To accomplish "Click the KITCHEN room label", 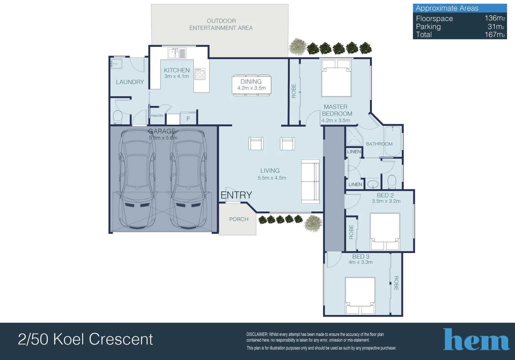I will click(x=177, y=70).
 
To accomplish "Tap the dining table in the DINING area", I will click(x=251, y=85).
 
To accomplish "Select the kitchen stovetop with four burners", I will click(x=200, y=74).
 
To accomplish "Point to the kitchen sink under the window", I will click(x=177, y=53).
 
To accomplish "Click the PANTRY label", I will click(x=157, y=116).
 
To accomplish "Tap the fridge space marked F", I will click(x=188, y=119).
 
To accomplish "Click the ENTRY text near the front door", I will click(x=236, y=195).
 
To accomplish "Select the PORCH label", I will click(x=238, y=219).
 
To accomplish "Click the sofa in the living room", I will click(x=310, y=182).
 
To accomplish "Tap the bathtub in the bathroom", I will click(x=393, y=141).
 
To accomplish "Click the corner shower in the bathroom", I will click(x=354, y=137).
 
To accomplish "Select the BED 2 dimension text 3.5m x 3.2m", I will click(x=386, y=201).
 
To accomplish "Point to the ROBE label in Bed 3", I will click(x=396, y=283).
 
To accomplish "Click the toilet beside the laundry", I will click(x=117, y=117).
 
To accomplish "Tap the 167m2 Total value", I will click(x=495, y=35).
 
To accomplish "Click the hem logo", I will click(x=476, y=340).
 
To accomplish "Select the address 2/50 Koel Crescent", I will click(x=85, y=339).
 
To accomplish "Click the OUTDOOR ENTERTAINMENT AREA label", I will click(x=221, y=25).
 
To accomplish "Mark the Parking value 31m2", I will click(x=496, y=27).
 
